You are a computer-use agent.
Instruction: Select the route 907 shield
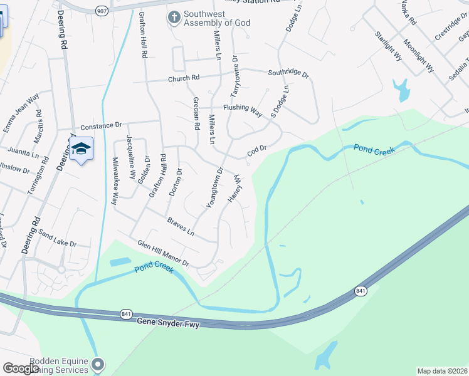[x=101, y=11]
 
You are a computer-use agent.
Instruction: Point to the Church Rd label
[x=183, y=78]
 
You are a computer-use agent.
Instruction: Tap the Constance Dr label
[x=100, y=125]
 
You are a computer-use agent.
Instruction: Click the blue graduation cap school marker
[x=81, y=149]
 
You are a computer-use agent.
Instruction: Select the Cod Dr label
[x=257, y=150]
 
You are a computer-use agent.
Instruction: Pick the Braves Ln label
[x=181, y=227]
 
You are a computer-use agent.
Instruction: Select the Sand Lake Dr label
[x=57, y=239]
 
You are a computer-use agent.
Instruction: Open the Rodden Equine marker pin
[x=97, y=364]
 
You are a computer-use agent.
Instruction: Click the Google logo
[x=21, y=368]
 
